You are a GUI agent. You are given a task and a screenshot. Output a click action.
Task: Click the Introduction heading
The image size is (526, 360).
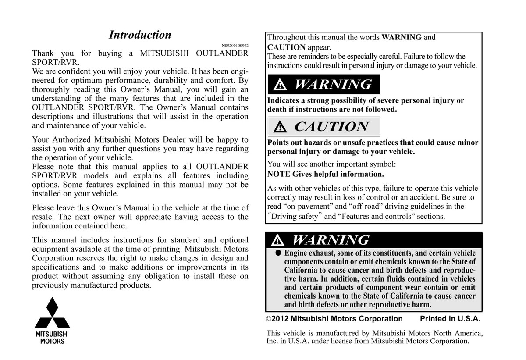pyautogui.click(x=140, y=35)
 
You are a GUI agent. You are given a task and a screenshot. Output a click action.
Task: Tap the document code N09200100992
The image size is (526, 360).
pyautogui.click(x=235, y=46)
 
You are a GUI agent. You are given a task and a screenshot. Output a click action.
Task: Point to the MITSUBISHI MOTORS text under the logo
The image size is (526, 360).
pyautogui.click(x=52, y=337)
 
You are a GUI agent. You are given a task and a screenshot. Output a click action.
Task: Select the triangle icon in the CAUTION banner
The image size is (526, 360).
pyautogui.click(x=280, y=127)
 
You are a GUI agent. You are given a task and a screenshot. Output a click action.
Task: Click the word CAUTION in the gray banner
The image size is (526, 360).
pyautogui.click(x=331, y=127)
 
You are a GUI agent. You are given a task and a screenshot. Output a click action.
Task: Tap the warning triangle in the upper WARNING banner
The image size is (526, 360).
pyautogui.click(x=280, y=85)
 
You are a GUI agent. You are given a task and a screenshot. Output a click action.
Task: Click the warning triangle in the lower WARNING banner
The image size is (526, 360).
pyautogui.click(x=277, y=240)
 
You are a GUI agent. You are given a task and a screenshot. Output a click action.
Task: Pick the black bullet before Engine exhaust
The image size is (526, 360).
pyautogui.click(x=278, y=253)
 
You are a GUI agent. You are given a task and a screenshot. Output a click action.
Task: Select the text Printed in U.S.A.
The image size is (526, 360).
pyautogui.click(x=450, y=319)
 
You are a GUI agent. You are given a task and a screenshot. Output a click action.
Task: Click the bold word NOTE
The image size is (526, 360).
pyautogui.click(x=278, y=174)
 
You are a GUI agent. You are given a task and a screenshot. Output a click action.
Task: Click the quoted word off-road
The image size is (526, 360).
pyautogui.click(x=361, y=207)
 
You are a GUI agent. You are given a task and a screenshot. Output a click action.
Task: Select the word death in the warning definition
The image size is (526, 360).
pyautogui.click(x=278, y=110)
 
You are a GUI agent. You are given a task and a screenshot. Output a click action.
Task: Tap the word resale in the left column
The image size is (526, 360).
pyautogui.click(x=43, y=217)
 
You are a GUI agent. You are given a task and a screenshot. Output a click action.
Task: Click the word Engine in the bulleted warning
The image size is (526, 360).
pyautogui.click(x=298, y=253)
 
